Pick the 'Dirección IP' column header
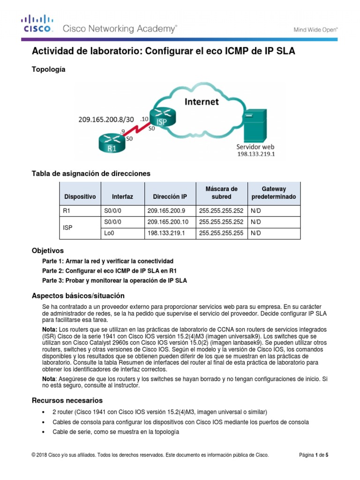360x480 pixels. (166, 197)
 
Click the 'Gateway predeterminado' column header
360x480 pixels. (273, 193)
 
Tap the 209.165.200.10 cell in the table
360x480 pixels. (167, 222)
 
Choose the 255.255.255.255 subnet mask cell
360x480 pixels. (221, 233)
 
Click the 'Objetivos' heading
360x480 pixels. (47, 250)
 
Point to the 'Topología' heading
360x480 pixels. (48, 69)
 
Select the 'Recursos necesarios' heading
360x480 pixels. (67, 400)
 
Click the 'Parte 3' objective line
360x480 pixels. (114, 280)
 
